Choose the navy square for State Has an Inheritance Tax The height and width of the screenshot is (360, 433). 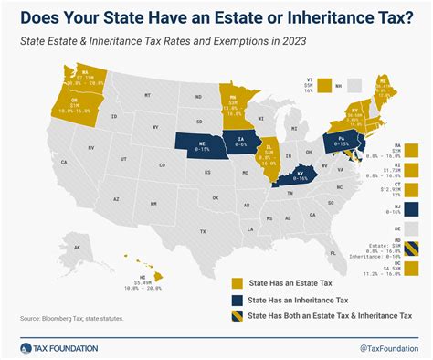pyautogui.click(x=238, y=299)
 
